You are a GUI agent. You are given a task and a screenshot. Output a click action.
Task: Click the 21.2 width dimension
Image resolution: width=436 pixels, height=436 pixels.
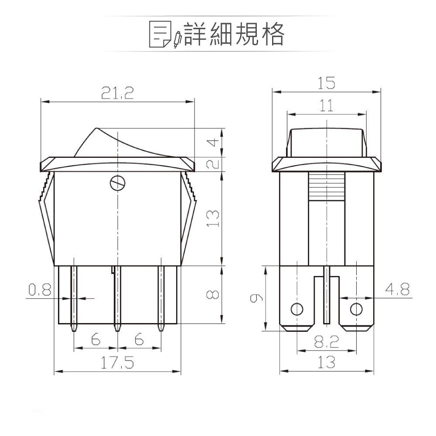coord(117,93)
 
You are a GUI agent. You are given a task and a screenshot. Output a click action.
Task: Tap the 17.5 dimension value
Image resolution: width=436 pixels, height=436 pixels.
coord(117,363)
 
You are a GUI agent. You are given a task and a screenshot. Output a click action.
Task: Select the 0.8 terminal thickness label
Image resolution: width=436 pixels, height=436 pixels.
coord(40,290)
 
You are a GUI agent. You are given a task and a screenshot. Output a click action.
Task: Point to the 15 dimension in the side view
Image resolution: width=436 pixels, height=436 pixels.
coord(326,83)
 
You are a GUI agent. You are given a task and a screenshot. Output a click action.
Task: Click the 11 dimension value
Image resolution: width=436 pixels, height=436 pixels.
coord(326,106)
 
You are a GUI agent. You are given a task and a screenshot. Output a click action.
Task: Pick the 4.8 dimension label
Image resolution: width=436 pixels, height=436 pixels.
coord(397,289)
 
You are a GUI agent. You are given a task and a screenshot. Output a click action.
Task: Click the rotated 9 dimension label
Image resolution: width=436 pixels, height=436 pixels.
coord(256,298)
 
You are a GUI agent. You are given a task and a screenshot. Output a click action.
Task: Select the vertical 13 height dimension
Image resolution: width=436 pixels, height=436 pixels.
coord(212,218)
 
